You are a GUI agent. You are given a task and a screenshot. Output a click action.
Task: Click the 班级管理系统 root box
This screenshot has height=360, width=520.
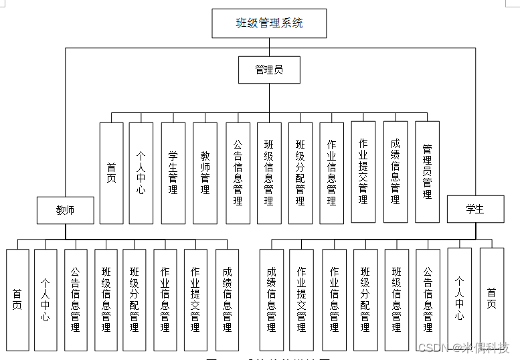click(269, 23)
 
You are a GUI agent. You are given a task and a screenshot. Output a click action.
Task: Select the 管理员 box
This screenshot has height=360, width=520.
click(269, 70)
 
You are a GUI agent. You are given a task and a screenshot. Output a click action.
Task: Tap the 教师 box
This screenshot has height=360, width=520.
click(65, 210)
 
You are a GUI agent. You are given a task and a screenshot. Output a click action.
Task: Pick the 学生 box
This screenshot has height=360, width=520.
click(474, 209)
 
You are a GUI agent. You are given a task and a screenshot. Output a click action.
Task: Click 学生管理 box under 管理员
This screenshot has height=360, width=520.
click(173, 173)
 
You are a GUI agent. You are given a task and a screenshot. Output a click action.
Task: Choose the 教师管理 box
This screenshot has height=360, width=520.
click(205, 173)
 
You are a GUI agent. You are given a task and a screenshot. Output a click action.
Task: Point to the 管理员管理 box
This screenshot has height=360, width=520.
click(427, 172)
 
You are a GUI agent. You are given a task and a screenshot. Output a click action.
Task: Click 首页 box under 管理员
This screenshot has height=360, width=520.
click(111, 173)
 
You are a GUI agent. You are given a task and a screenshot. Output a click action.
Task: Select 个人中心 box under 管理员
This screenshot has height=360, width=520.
click(141, 173)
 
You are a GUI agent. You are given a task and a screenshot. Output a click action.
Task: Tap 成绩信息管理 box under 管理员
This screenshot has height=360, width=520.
click(395, 172)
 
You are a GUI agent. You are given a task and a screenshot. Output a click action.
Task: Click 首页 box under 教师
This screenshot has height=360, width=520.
click(17, 299)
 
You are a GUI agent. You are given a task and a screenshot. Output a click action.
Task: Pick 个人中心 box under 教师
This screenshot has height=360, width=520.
click(46, 299)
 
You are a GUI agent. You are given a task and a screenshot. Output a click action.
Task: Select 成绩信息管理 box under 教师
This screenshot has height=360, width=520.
click(227, 299)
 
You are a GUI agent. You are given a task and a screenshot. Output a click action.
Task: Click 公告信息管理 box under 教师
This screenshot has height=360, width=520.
click(76, 299)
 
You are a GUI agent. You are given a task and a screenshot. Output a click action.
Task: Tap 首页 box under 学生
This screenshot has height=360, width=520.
click(491, 298)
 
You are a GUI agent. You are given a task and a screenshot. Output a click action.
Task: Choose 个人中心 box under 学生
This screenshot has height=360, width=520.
click(459, 298)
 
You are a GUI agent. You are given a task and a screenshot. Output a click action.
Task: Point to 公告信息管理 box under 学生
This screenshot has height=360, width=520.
click(428, 299)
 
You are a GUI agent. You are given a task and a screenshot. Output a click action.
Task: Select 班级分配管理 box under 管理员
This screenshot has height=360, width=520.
click(300, 173)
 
